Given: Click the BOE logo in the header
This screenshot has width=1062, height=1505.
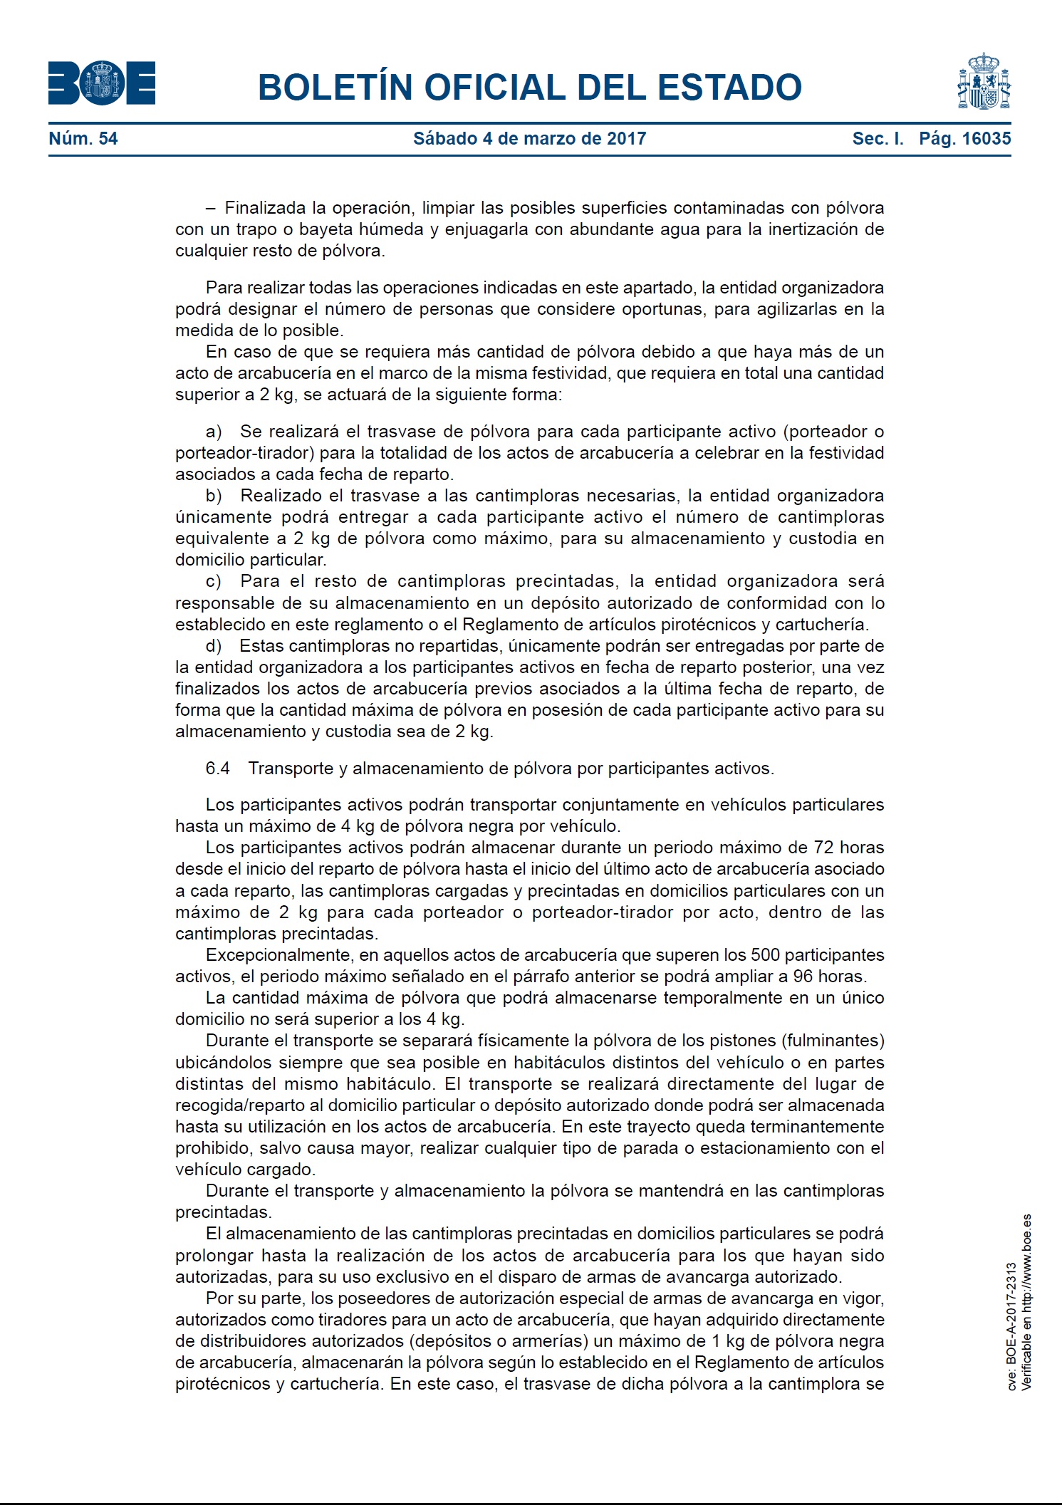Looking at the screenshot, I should [x=102, y=84].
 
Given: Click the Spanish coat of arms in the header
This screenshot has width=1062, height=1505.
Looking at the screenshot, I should [x=984, y=81].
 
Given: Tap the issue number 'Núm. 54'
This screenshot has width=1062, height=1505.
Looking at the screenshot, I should [x=83, y=139].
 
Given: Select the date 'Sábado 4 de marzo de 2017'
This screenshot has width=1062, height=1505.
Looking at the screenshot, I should [x=529, y=139].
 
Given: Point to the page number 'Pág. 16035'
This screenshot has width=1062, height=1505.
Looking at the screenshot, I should [x=964, y=139].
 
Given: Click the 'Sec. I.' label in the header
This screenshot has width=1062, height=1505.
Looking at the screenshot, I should [x=878, y=139].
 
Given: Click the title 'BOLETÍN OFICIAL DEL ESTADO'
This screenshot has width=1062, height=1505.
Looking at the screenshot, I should [x=529, y=88].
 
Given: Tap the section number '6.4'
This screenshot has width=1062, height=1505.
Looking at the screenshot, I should [x=217, y=769].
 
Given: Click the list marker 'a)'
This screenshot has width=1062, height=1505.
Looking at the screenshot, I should [x=214, y=432].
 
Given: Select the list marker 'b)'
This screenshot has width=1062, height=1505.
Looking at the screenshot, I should [x=214, y=496].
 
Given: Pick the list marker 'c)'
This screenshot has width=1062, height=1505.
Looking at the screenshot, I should [x=214, y=581].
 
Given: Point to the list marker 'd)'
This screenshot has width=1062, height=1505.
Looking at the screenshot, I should [x=214, y=646].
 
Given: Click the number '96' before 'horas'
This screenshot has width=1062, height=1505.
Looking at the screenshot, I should [x=803, y=977].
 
